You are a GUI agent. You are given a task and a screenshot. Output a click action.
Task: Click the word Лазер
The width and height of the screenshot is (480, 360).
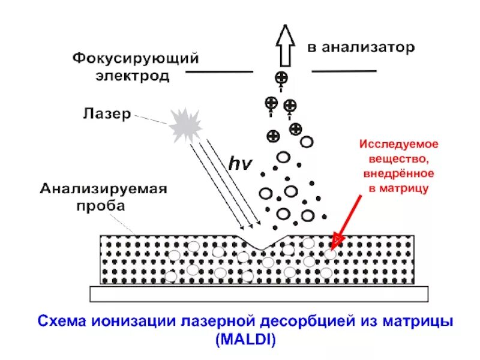click(x=106, y=114)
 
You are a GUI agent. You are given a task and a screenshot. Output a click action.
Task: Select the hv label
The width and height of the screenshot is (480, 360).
click(x=242, y=163)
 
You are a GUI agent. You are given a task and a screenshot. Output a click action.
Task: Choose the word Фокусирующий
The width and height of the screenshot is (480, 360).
click(x=136, y=59)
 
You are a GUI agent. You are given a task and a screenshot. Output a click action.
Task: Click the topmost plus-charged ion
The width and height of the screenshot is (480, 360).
click(x=281, y=77)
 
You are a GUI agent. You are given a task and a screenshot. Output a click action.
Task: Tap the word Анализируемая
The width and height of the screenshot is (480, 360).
click(x=103, y=190)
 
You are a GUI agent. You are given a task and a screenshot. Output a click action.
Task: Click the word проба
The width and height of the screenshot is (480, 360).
click(x=101, y=206)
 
